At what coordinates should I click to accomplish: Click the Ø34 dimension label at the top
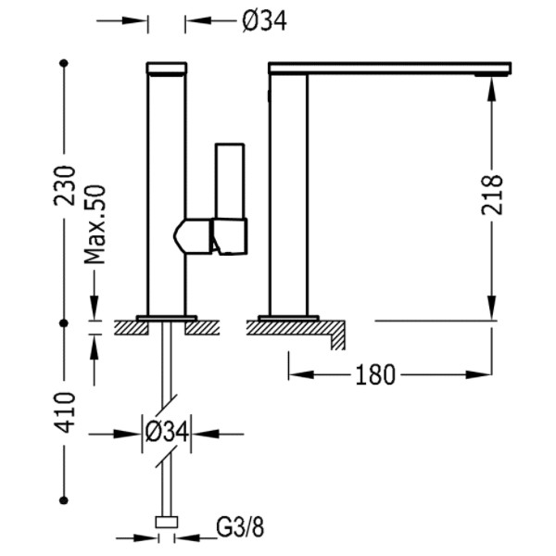[x=264, y=21]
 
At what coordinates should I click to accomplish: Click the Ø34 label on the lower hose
[x=166, y=432]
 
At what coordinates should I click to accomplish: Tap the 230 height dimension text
[x=65, y=186]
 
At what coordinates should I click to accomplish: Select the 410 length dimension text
[x=65, y=412]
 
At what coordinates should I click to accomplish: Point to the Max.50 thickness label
[x=95, y=224]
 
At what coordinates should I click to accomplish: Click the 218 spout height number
[x=492, y=195]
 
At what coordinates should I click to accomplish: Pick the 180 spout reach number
[x=375, y=374]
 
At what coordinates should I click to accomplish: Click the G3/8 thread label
[x=240, y=528]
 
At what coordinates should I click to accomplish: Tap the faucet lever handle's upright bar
[x=230, y=181]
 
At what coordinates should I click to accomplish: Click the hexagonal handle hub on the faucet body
[x=193, y=236]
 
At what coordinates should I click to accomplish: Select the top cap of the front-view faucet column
[x=167, y=69]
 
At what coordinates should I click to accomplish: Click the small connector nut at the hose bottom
[x=167, y=523]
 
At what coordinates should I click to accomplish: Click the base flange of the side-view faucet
[x=288, y=318]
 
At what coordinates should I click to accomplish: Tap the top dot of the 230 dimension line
[x=64, y=63]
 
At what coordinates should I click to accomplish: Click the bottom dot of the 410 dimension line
[x=64, y=500]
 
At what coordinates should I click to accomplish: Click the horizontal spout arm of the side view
[x=390, y=68]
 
